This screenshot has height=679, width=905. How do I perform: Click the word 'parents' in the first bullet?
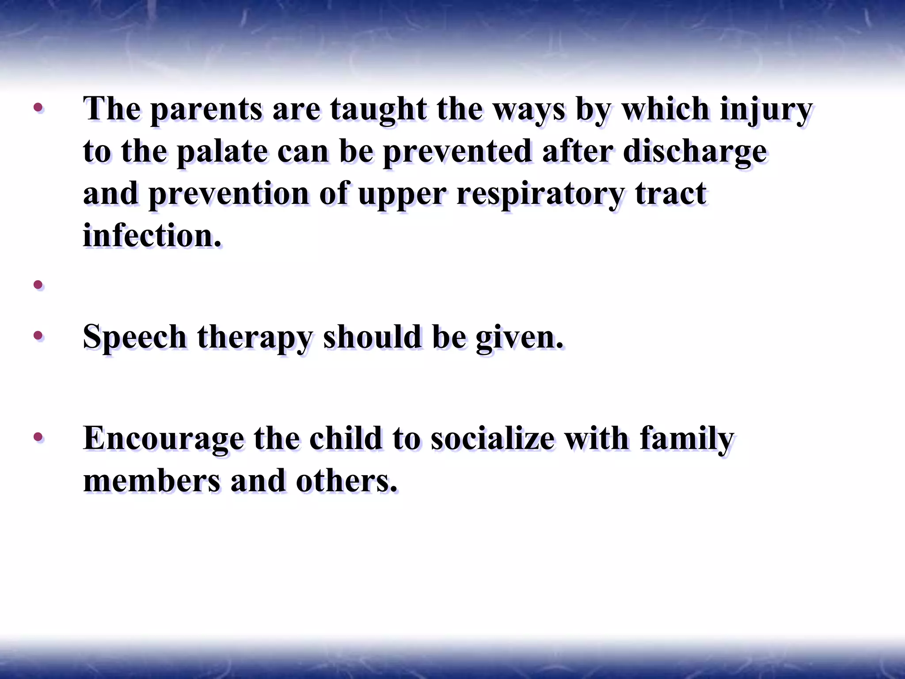pos(206,109)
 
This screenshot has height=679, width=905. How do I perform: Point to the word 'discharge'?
pos(695,152)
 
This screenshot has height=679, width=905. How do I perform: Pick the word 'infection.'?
pos(152,236)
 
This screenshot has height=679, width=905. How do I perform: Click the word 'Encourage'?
pos(163,439)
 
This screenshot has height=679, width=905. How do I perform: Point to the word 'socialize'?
pos(492,439)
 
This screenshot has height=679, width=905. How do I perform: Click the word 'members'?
pos(152,481)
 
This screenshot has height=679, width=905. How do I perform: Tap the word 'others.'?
pos(346,481)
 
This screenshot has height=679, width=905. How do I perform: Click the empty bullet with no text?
pos(38,284)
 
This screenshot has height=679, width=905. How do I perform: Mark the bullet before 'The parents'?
pos(38,107)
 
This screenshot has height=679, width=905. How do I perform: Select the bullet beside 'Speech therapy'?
pos(38,336)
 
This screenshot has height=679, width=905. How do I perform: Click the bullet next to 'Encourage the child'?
pos(38,437)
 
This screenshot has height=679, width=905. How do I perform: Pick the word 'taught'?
pos(378,109)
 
